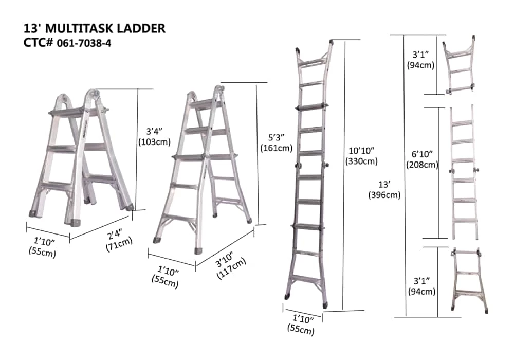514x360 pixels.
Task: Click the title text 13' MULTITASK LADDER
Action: point(95,28)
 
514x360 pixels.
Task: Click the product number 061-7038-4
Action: point(84,43)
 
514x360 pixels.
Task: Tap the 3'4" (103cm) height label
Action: point(154,137)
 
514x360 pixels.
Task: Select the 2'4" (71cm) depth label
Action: point(118,240)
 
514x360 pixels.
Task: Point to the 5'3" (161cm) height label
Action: point(277,142)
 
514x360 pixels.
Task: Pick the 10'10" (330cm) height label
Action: point(361,156)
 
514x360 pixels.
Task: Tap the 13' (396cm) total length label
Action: point(384,190)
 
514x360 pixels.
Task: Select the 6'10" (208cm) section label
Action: point(422,159)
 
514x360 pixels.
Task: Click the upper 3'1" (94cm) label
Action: point(420,60)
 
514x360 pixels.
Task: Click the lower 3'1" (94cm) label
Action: point(421,286)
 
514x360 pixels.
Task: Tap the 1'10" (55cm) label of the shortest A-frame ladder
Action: point(43,247)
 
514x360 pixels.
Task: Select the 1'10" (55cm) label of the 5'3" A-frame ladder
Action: point(166,276)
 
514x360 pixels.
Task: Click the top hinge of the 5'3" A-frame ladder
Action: point(219,89)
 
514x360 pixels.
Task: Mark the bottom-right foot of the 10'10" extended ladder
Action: point(325,304)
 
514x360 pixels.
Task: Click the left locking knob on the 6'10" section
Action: point(450,171)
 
